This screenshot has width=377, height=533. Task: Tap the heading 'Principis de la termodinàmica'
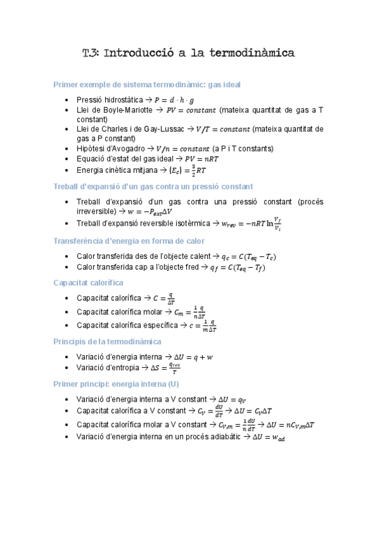click(x=108, y=341)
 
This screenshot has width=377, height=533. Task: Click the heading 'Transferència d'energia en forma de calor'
click(x=129, y=241)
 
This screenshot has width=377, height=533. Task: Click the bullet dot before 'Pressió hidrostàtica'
click(x=68, y=101)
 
